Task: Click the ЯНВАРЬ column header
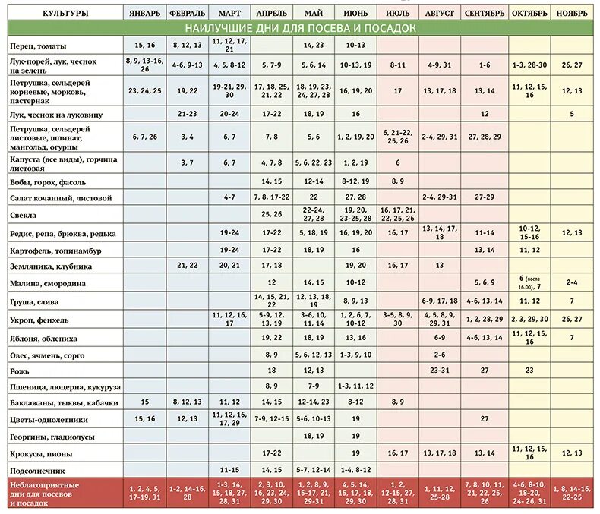tap(144, 13)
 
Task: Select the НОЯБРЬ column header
tap(571, 13)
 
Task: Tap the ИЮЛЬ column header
tap(397, 13)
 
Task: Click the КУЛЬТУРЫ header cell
tap(65, 13)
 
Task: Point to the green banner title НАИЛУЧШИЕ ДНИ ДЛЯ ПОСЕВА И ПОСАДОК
tap(300, 28)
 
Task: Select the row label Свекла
tap(25, 215)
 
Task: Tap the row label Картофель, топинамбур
tap(56, 250)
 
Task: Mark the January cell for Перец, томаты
tap(145, 45)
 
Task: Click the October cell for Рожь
tap(529, 371)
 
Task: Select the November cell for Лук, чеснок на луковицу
tap(571, 114)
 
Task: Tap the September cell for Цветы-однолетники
tap(485, 418)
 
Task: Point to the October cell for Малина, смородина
tap(529, 283)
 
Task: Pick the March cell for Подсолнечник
tap(229, 469)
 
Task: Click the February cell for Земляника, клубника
tap(187, 266)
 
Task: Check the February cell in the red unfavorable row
tap(187, 493)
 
